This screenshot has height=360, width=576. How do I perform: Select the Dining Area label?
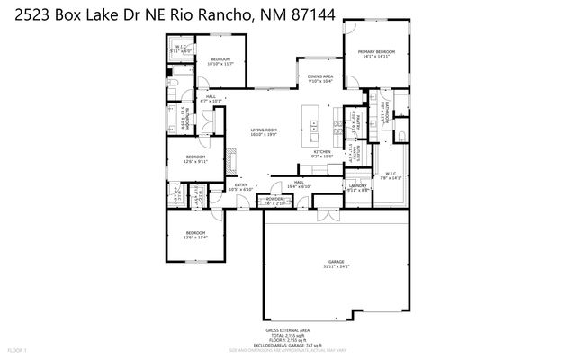tap(320, 79)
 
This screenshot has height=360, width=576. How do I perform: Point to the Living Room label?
tap(264, 132)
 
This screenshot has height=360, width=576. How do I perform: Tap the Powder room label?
tap(271, 202)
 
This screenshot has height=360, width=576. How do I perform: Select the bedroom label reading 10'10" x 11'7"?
tap(220, 61)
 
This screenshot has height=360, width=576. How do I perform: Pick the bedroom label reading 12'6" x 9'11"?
tap(196, 159)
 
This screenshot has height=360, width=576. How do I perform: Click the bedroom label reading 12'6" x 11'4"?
tap(195, 236)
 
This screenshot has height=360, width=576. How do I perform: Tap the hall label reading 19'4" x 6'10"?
tap(299, 184)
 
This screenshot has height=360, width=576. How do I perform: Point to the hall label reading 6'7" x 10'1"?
tap(211, 99)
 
